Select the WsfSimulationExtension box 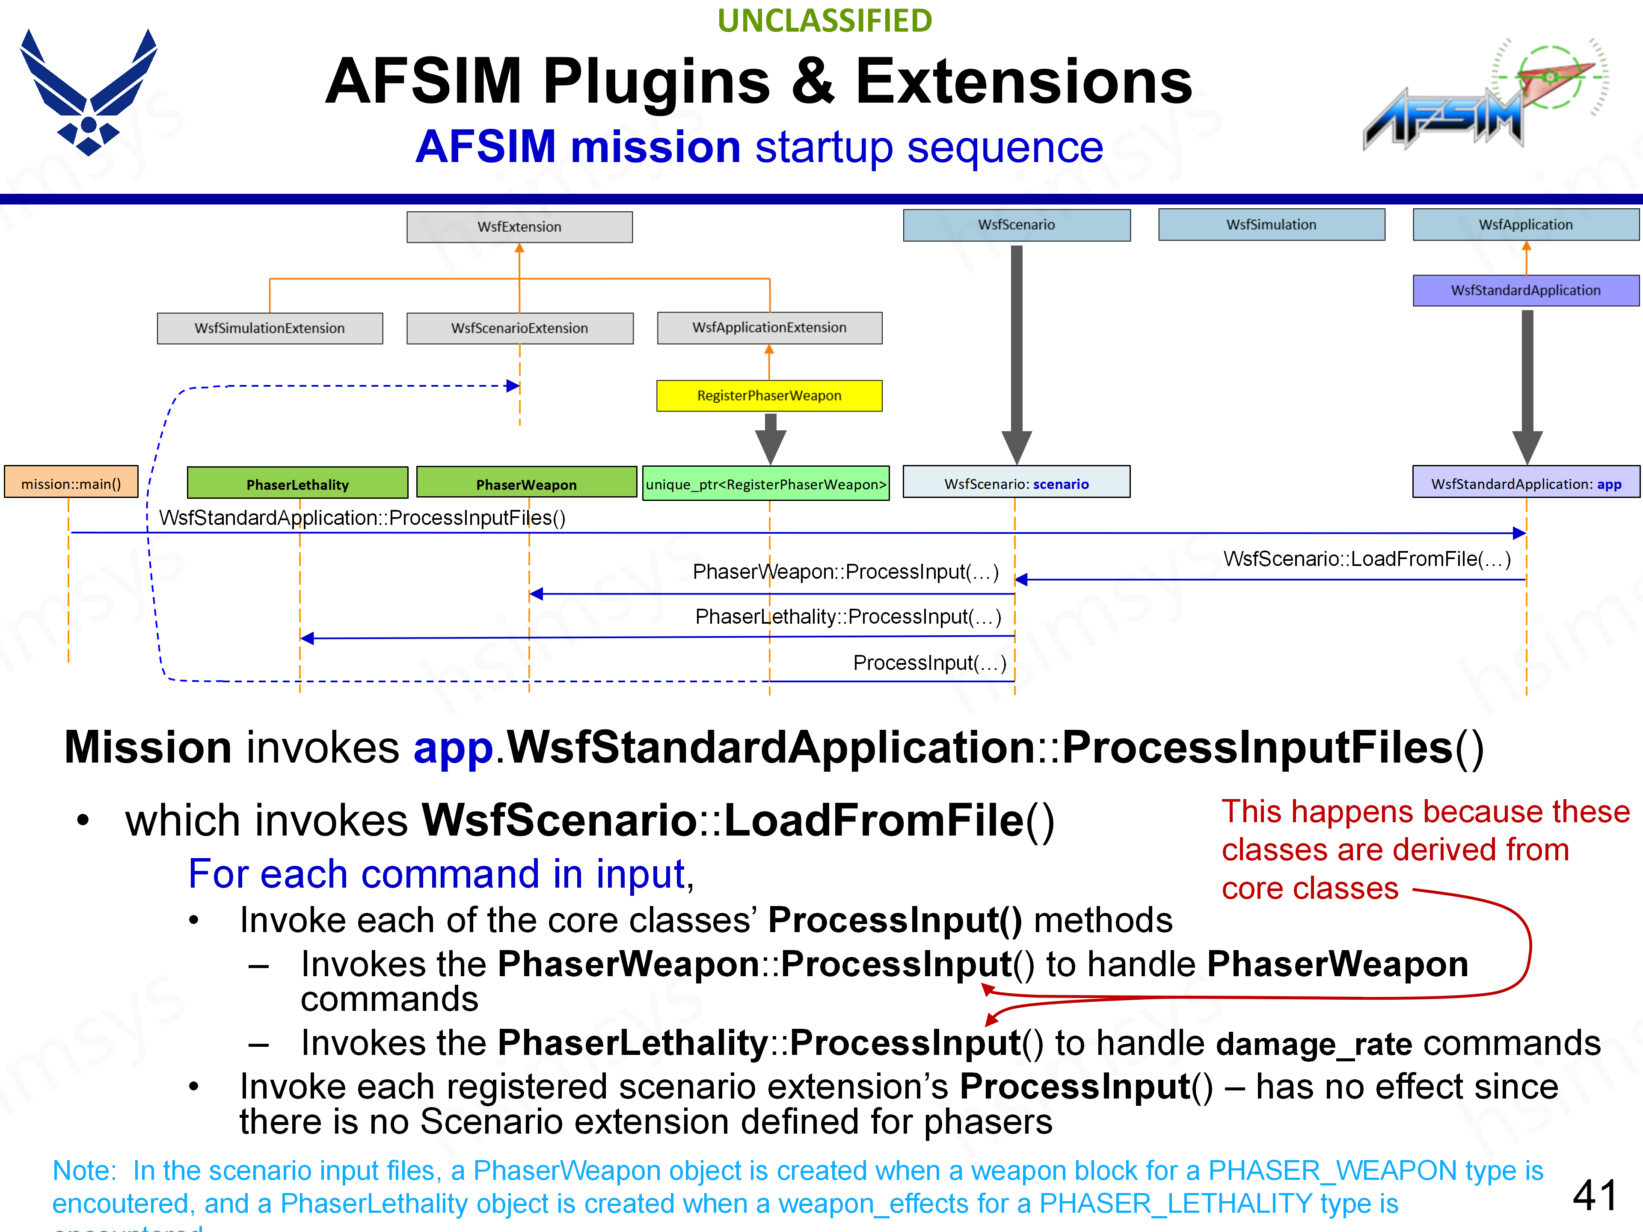[x=270, y=328]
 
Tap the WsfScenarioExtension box [x=519, y=328]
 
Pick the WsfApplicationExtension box [x=769, y=328]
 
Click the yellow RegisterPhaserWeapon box [x=769, y=396]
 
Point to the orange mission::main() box [x=71, y=483]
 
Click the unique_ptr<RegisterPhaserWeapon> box [x=766, y=484]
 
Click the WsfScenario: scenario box [x=1016, y=483]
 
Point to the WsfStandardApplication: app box [x=1526, y=483]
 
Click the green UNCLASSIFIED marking [x=824, y=21]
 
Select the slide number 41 [x=1595, y=1195]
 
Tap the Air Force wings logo [x=89, y=93]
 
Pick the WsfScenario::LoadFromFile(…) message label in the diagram [x=1367, y=558]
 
